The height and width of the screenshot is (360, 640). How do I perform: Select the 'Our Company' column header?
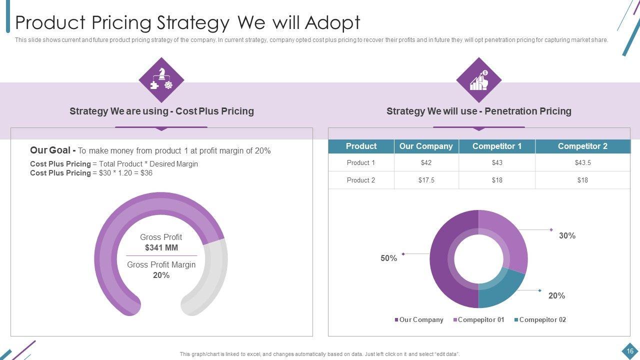pyautogui.click(x=426, y=146)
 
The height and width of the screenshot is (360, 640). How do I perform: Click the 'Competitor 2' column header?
pyautogui.click(x=582, y=146)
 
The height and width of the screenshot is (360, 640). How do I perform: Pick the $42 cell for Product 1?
pyautogui.click(x=426, y=162)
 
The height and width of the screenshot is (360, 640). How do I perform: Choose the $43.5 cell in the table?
pyautogui.click(x=582, y=162)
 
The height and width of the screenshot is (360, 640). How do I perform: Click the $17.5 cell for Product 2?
pyautogui.click(x=426, y=180)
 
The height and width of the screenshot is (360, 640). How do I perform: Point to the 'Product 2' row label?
pyautogui.click(x=361, y=180)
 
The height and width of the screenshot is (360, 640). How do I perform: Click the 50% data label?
pyautogui.click(x=388, y=258)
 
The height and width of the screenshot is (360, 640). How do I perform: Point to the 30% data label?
pyautogui.click(x=567, y=235)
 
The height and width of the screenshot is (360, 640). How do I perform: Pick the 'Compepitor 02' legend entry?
pyautogui.click(x=542, y=320)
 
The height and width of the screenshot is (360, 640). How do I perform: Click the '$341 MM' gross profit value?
pyautogui.click(x=161, y=247)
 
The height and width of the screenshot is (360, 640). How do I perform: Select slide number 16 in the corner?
pyautogui.click(x=630, y=351)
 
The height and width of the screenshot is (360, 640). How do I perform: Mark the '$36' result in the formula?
pyautogui.click(x=146, y=173)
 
